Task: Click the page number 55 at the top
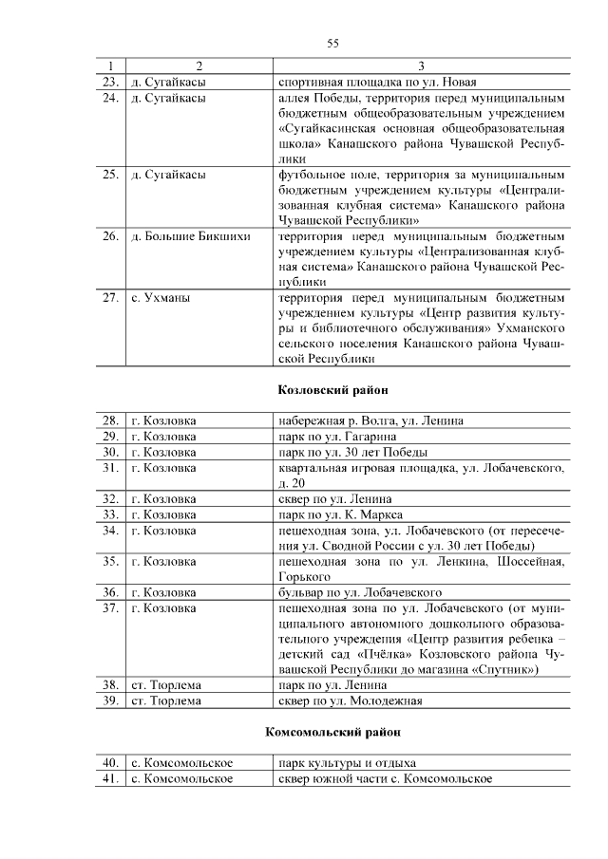click(333, 43)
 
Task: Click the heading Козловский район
click(332, 390)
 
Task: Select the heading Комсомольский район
click(332, 732)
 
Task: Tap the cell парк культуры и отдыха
click(347, 763)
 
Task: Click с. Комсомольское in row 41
click(182, 778)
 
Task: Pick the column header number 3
click(422, 65)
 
